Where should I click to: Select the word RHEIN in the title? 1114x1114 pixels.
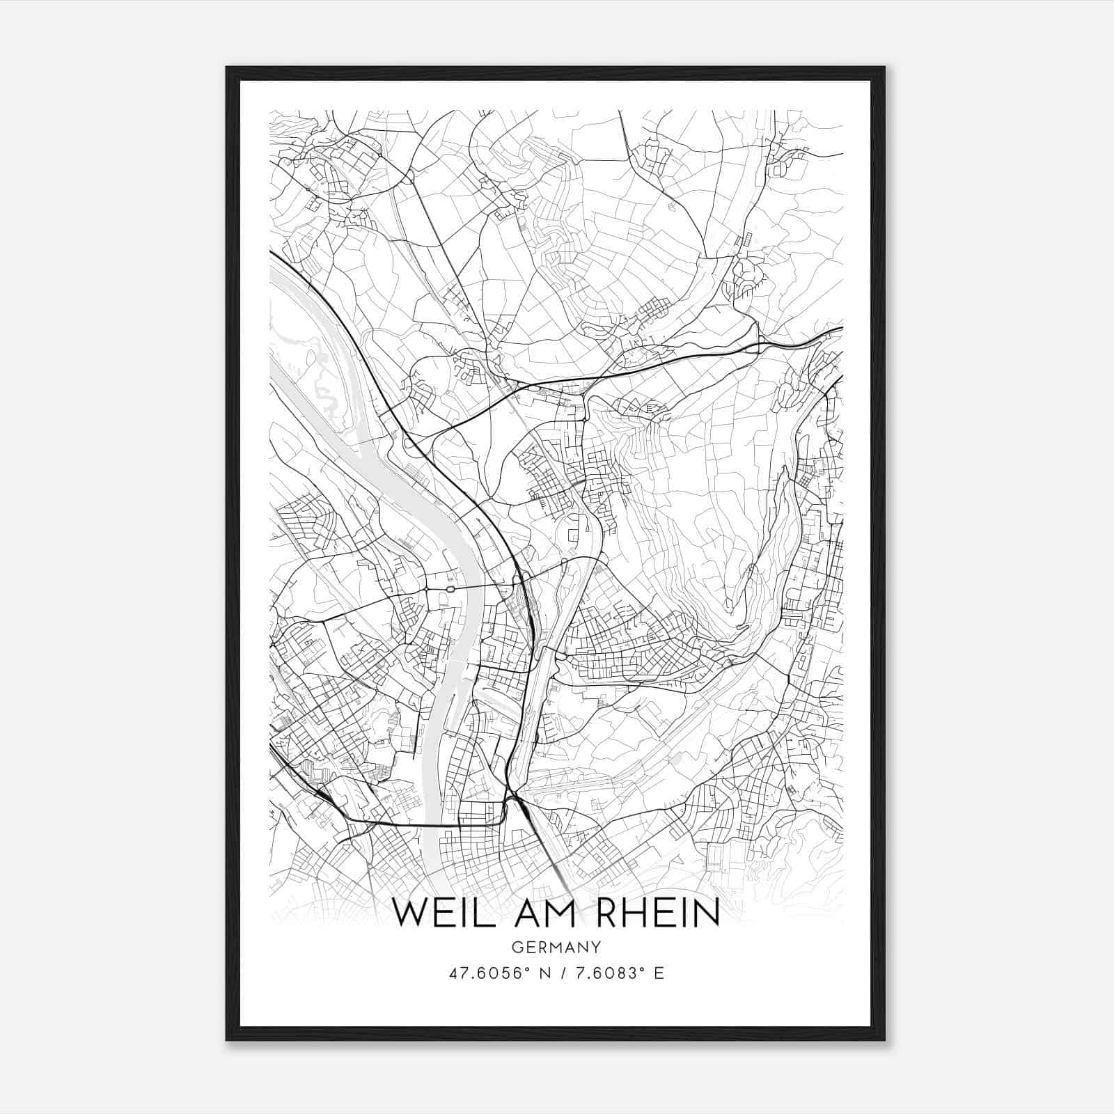click(658, 913)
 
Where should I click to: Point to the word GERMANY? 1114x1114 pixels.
click(556, 948)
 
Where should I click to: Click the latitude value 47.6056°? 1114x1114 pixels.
click(488, 973)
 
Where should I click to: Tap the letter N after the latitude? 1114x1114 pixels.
click(535, 973)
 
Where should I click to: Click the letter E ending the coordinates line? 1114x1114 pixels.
click(659, 973)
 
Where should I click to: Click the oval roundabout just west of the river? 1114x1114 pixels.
click(450, 590)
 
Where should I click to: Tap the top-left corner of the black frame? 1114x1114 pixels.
click(227, 68)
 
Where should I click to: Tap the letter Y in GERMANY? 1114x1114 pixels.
click(596, 948)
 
